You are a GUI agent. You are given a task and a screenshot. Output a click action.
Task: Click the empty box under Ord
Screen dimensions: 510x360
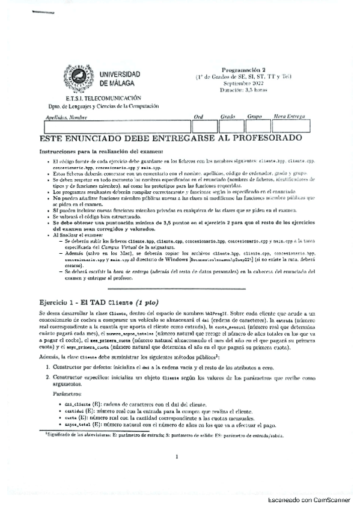pos(204,126)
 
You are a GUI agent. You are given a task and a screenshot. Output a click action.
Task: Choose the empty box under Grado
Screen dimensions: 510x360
pos(231,126)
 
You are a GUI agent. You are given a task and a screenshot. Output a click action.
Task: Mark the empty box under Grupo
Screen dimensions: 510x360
pos(257,126)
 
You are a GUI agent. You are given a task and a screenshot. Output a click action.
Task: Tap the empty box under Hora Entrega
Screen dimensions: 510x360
pos(291,126)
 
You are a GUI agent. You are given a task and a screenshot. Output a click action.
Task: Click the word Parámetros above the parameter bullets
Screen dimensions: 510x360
pos(64,395)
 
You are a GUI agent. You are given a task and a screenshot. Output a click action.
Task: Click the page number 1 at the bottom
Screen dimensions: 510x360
pos(178,456)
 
